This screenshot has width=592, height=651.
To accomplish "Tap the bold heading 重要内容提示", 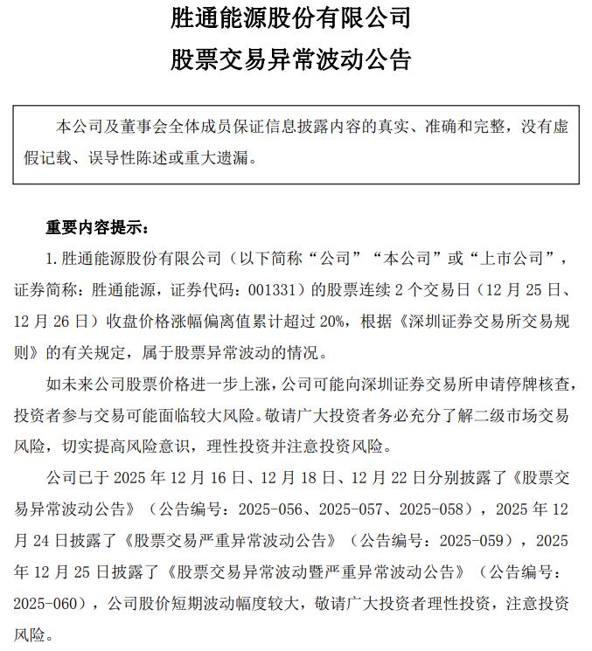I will pos(97,228).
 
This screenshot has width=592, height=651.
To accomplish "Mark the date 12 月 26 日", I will pos(52,322).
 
